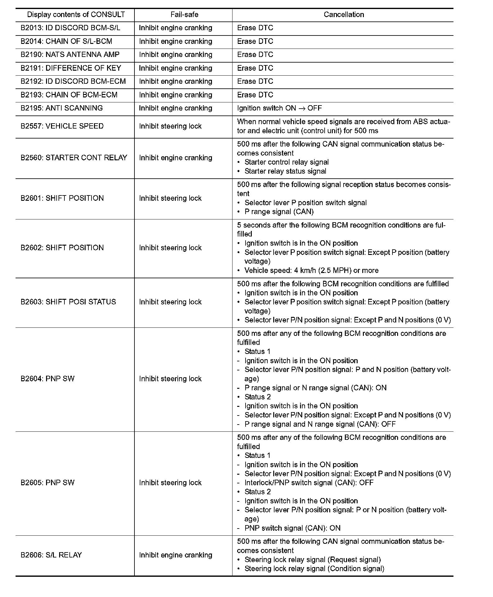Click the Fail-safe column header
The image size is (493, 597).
184,15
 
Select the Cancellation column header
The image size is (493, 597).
344,15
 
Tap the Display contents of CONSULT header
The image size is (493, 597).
76,15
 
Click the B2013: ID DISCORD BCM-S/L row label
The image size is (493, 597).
70,28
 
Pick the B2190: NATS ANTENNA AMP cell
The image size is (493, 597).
70,55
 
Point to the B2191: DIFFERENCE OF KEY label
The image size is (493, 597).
71,68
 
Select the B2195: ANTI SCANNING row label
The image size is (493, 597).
62,108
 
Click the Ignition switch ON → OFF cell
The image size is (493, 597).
279,108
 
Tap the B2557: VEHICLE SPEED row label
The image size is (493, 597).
62,126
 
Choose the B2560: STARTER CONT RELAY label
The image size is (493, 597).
74,158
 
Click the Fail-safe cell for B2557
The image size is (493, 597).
170,126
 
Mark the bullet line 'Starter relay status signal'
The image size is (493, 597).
285,171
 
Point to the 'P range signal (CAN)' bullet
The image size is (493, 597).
279,212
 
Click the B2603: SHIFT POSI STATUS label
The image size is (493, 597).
68,302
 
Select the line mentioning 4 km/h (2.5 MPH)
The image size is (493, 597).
311,270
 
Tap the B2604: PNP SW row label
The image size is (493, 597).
48,379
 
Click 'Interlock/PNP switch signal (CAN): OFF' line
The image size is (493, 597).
309,483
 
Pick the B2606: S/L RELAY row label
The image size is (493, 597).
51,555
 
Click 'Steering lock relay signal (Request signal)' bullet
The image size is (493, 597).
312,560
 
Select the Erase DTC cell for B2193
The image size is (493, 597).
255,95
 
